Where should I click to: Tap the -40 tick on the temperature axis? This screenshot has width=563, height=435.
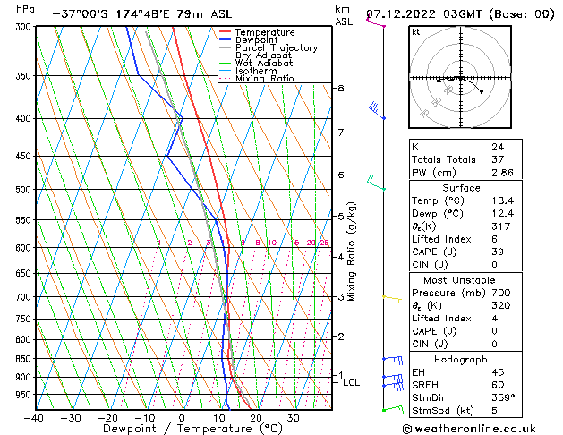[x=34, y=418]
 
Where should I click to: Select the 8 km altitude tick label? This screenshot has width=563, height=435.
[x=340, y=88]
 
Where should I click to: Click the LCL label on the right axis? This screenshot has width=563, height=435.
[x=351, y=382]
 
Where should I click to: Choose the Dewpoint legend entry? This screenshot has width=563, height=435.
[x=256, y=40]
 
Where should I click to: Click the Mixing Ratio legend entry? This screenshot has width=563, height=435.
[x=264, y=79]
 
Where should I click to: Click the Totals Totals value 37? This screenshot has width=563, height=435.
[x=497, y=159]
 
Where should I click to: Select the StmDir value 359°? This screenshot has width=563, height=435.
[x=502, y=397]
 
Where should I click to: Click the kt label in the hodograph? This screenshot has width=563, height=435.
[x=415, y=32]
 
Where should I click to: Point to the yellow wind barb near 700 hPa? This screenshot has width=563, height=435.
[x=391, y=297]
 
